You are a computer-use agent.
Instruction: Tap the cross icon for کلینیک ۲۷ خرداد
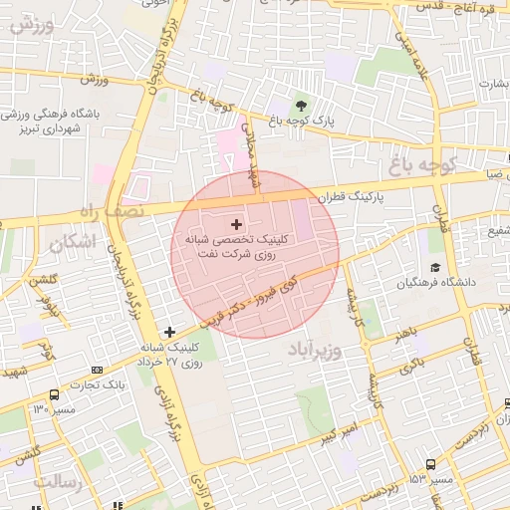pos(169,332)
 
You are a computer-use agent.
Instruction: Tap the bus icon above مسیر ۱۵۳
pos(430,464)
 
